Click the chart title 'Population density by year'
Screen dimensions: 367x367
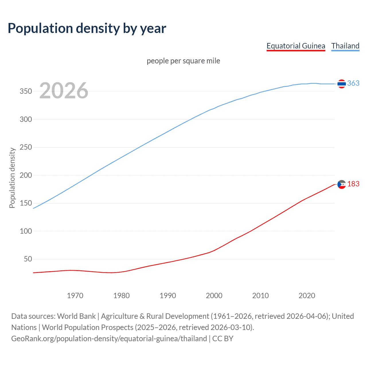click(87, 28)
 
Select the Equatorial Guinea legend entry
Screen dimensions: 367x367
click(296, 46)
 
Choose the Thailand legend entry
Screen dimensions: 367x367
click(345, 46)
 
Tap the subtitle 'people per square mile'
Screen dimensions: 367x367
click(183, 61)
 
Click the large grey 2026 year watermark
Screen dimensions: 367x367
click(64, 91)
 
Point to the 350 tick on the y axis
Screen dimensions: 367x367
click(26, 91)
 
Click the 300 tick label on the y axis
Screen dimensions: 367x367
click(26, 119)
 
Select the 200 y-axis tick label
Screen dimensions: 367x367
click(26, 175)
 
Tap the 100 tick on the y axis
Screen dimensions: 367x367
click(26, 231)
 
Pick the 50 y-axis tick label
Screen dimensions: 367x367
click(28, 259)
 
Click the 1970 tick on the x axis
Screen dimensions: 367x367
click(75, 296)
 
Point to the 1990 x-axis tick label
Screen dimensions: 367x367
click(168, 296)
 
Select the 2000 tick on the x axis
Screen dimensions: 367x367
click(214, 296)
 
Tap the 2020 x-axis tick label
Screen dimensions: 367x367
click(307, 296)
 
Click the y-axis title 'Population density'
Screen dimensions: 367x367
click(12, 178)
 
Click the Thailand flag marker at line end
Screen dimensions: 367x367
click(341, 84)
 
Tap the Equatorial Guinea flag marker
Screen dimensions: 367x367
click(341, 184)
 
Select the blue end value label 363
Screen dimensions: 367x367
click(353, 83)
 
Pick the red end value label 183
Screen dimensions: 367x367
click(353, 184)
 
